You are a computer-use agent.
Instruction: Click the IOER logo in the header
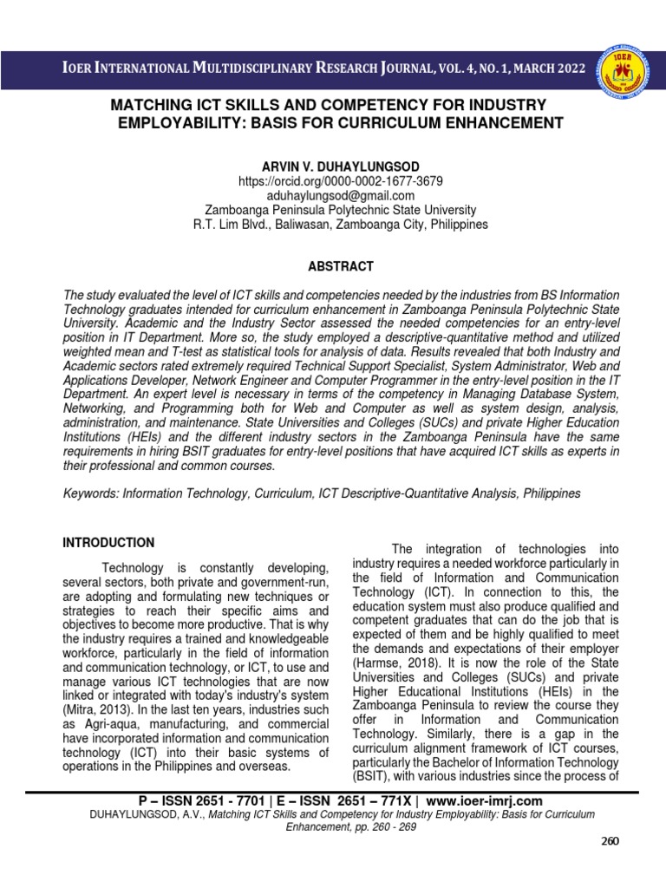tap(630, 69)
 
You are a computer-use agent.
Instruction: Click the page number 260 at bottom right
tap(611, 841)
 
